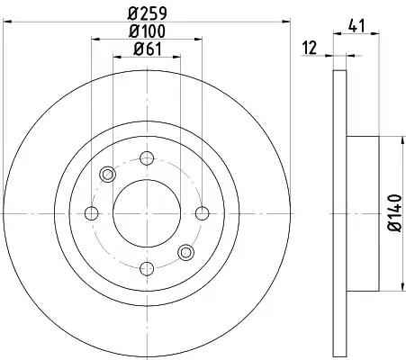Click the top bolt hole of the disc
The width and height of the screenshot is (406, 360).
click(x=145, y=158)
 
